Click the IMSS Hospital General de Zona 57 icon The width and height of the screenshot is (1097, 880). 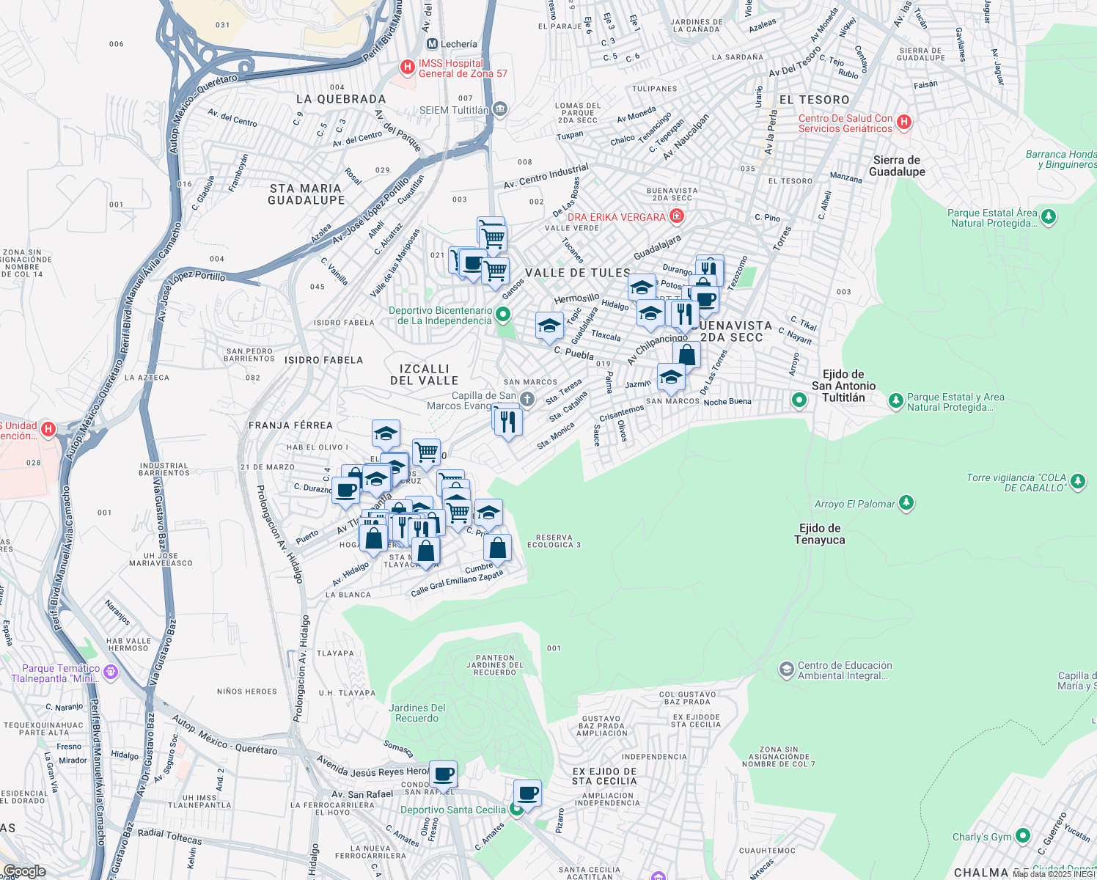[407, 67]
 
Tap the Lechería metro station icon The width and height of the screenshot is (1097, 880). [432, 44]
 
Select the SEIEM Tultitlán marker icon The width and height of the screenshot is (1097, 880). [500, 110]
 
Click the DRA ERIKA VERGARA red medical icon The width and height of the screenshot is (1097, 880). [677, 216]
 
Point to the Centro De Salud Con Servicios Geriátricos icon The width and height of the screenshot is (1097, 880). [903, 122]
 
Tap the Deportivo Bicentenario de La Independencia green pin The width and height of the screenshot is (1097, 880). [502, 315]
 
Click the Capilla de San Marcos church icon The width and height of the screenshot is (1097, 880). [527, 399]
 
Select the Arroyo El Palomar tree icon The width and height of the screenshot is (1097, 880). [906, 503]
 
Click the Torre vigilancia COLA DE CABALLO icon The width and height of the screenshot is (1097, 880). [1077, 482]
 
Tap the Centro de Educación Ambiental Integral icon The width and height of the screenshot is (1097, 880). [786, 670]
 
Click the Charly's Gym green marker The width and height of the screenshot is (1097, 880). [1022, 836]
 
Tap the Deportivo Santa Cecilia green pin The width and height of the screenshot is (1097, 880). [516, 810]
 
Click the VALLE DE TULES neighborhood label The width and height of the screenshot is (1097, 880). [577, 273]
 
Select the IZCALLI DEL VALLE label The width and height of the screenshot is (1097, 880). [424, 375]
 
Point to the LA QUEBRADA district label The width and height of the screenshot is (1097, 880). [341, 99]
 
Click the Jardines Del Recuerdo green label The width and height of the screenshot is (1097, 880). [417, 713]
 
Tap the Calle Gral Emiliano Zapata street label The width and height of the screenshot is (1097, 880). [457, 583]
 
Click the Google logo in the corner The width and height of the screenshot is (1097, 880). [24, 871]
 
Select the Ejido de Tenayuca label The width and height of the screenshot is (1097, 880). [819, 534]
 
